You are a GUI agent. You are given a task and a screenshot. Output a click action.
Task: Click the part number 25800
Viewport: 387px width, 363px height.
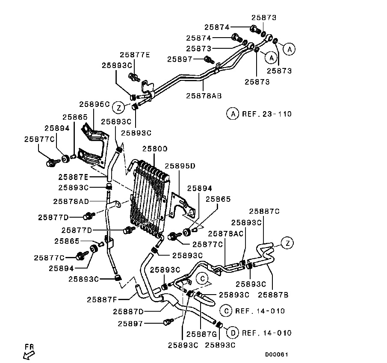[155, 149]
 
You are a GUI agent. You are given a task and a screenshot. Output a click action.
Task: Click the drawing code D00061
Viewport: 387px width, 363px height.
[277, 354]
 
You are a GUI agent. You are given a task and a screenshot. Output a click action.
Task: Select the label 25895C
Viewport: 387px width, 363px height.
[95, 104]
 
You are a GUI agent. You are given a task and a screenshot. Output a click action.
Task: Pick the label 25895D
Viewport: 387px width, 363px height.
[180, 166]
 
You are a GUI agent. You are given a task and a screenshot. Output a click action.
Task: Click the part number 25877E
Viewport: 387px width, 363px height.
[135, 55]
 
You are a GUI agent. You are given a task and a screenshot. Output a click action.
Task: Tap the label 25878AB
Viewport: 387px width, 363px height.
[204, 95]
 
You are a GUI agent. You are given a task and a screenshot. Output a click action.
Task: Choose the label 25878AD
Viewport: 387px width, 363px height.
[71, 201]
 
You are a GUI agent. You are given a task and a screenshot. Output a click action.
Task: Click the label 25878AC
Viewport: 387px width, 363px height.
[226, 233]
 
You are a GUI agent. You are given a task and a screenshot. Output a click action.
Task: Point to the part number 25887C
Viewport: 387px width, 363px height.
[264, 211]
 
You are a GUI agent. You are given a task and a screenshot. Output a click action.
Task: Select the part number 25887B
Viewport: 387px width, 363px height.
[273, 294]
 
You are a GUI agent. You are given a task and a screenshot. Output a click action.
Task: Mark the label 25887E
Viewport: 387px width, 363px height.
[74, 177]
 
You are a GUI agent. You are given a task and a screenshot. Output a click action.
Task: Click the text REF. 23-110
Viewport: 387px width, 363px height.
[266, 114]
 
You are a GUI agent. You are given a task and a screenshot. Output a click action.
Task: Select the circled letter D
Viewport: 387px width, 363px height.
[232, 333]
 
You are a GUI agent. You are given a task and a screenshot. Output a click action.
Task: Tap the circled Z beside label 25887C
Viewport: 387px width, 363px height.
[288, 243]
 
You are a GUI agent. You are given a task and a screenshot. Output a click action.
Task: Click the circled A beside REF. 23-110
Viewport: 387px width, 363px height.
[232, 114]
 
